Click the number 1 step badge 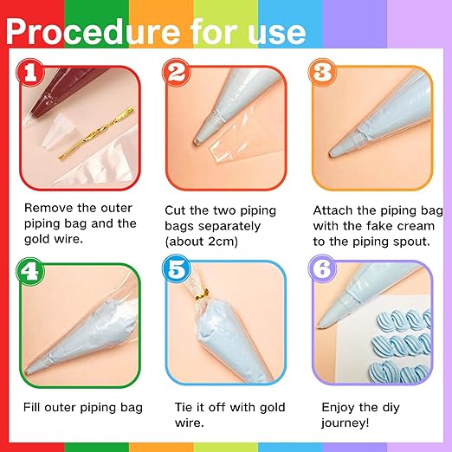(32, 72)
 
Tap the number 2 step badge (177, 72)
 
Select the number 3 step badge (322, 72)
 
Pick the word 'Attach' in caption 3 (331, 210)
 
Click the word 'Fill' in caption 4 (36, 407)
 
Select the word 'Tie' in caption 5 (176, 407)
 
